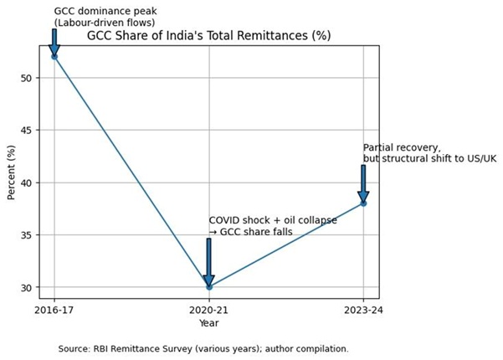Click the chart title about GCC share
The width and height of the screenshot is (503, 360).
(x=209, y=36)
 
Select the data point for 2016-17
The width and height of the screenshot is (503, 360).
(x=54, y=56)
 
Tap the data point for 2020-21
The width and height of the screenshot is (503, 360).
(x=208, y=287)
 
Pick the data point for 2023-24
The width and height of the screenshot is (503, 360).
(x=363, y=203)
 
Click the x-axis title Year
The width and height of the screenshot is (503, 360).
(x=208, y=322)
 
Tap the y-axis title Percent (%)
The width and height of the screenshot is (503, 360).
(x=11, y=172)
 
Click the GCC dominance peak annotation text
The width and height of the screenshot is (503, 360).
(x=105, y=17)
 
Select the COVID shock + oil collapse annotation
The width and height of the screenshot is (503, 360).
(x=273, y=225)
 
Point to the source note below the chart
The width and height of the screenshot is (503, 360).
(x=203, y=348)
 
